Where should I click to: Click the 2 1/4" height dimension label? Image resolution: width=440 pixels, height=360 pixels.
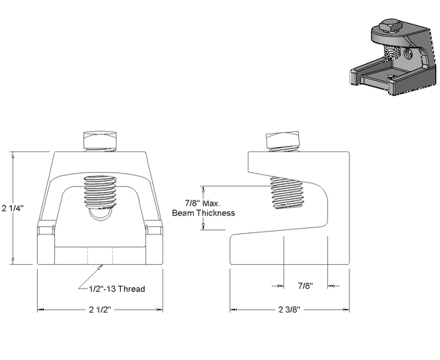pos(13,209)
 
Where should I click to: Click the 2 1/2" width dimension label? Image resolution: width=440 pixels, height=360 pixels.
pos(100,310)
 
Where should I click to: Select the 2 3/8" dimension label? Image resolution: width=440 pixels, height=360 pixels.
pos(289,310)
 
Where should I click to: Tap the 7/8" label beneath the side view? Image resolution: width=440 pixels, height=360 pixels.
pos(305,286)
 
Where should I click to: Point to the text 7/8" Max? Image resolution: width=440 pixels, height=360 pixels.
pos(203,203)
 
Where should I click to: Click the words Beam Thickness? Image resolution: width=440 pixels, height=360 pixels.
pos(203,213)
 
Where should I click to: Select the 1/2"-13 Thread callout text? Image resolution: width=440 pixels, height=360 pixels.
pos(117,289)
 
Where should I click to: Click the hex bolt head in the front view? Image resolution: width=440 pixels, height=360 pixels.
pos(100,140)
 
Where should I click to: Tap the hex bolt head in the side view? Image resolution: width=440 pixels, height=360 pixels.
pos(282,140)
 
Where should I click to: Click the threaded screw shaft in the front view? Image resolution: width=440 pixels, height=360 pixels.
pos(100,192)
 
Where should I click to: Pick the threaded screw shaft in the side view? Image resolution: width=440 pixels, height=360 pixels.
pos(286,193)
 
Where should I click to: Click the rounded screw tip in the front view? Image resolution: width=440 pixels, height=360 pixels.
pos(100,214)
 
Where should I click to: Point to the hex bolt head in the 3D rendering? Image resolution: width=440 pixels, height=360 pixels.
pos(390,26)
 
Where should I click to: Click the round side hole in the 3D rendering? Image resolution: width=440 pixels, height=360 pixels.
pos(407,53)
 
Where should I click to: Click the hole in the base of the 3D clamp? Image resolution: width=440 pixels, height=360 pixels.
pos(390,76)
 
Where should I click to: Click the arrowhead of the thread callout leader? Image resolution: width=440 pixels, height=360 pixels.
pos(99,267)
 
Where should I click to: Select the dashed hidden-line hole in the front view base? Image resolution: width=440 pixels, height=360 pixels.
pos(100,256)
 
